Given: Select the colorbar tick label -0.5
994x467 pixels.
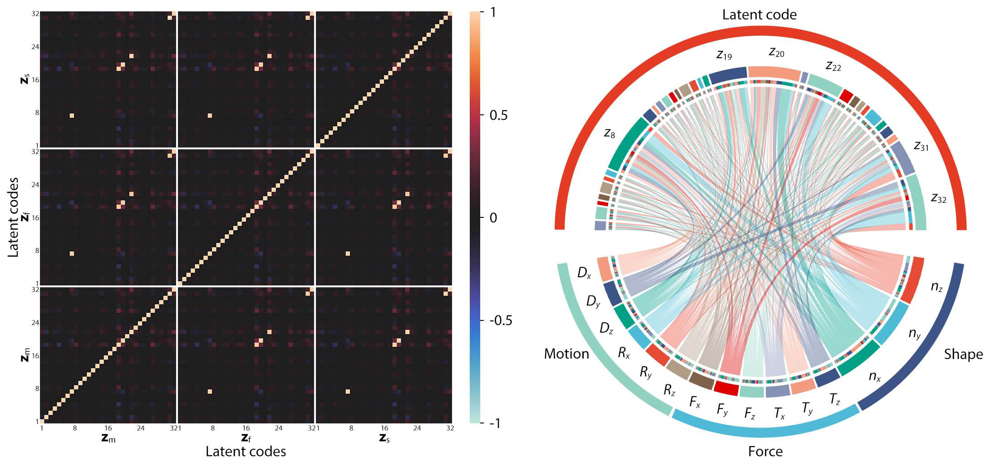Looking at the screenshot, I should point(501,320).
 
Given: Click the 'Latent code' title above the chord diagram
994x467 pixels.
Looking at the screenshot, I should point(759,15).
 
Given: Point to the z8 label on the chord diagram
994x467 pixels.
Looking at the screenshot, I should point(610,133).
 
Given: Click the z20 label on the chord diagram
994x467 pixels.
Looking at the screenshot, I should point(777,53).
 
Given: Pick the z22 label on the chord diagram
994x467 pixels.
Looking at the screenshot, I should point(833,67).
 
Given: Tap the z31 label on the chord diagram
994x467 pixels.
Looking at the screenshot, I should point(921,146).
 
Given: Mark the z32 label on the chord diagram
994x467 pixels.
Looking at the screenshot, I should point(939,198).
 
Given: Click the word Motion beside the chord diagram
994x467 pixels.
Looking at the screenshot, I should point(566,354).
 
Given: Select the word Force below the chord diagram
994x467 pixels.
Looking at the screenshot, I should point(765,452).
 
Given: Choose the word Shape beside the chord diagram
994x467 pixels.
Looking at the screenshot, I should point(963,354).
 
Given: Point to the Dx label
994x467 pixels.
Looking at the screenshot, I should point(584,273).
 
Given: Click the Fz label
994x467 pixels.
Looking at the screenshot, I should point(749,413).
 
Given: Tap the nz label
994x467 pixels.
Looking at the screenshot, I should point(937,286).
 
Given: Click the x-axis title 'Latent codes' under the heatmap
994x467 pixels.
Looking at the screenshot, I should point(246,452).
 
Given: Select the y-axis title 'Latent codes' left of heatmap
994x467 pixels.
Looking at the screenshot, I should point(14,217).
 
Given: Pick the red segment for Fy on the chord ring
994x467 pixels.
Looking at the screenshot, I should point(726,388).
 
